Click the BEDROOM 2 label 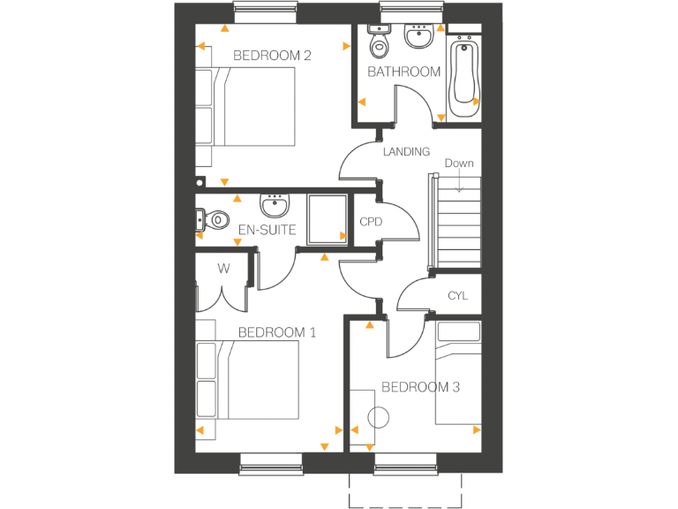point(272,56)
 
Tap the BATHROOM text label point(403,72)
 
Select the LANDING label point(406,152)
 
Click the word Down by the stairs point(459,163)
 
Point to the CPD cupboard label point(370,222)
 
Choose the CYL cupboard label point(457,296)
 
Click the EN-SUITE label point(267,231)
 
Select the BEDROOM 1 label point(277,333)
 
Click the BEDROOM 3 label point(420,387)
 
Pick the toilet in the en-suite point(215,219)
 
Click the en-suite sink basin point(275,207)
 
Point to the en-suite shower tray point(328,217)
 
